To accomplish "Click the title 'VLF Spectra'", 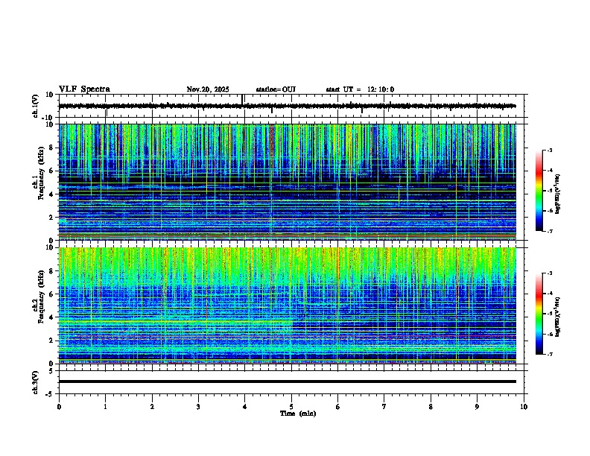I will click(x=84, y=89).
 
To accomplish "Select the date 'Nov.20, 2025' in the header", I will click(x=208, y=90).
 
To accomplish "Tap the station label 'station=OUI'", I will click(x=276, y=90).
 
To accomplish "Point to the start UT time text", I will click(x=360, y=90).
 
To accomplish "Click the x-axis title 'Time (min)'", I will click(x=297, y=414).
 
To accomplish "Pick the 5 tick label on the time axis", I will click(x=291, y=407).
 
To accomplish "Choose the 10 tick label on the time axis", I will click(x=524, y=407).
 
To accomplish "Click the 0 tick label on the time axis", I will click(x=59, y=407).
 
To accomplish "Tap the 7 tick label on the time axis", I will click(x=384, y=407).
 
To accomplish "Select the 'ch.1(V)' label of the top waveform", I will click(x=36, y=106).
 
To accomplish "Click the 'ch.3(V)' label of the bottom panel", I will click(x=36, y=381).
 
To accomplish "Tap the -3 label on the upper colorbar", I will click(x=548, y=151).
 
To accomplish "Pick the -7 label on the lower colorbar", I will click(x=548, y=355).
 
